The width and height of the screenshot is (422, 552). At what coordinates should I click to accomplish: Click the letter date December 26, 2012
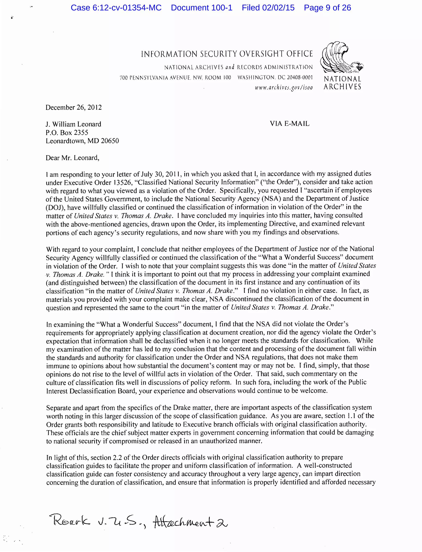[74, 107]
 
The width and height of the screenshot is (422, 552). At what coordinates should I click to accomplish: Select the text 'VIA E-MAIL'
[290, 124]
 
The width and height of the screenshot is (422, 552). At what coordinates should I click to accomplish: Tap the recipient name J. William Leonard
[73, 124]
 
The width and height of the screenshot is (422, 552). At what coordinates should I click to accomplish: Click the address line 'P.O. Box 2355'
[67, 133]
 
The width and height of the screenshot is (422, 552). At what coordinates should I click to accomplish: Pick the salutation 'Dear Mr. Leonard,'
[72, 158]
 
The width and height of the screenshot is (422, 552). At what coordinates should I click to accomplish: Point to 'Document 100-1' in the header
[202, 8]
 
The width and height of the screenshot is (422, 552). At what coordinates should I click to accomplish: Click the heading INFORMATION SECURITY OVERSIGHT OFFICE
[227, 54]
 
